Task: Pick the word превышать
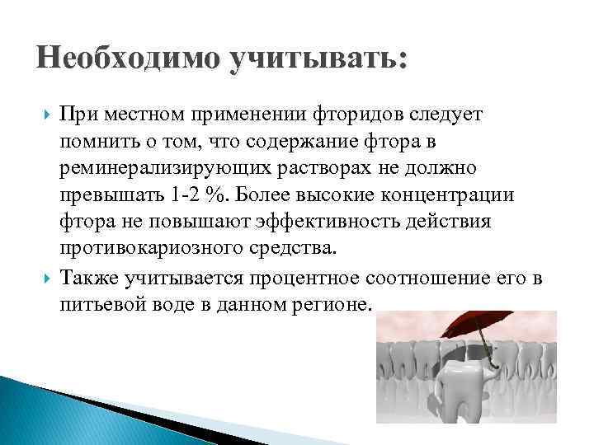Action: point(106,195)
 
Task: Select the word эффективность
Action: point(352,222)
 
